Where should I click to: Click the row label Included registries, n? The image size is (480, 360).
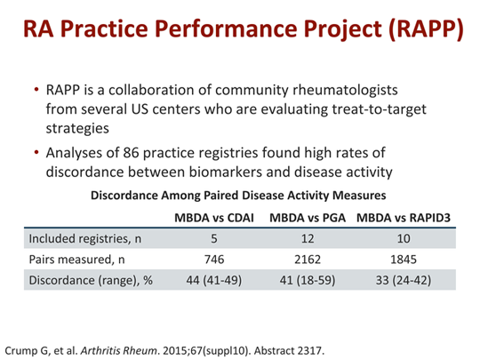click(x=84, y=238)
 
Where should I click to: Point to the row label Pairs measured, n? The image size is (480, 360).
click(x=76, y=261)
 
